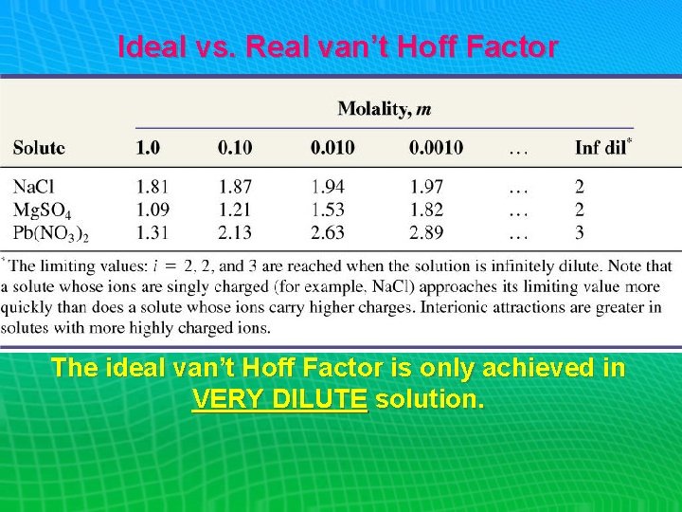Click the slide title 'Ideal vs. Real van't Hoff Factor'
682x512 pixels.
337,47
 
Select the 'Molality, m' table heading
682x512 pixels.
385,109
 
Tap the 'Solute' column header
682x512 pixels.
39,148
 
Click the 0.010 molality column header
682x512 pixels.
332,148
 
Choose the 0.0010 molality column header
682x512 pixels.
437,148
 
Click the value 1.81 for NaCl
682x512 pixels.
153,188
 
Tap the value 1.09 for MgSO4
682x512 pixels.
153,210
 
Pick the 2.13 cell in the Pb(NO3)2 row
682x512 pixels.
236,232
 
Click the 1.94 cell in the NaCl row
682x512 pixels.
327,188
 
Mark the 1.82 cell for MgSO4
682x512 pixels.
427,210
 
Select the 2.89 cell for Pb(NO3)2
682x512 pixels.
427,232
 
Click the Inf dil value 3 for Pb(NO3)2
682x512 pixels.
580,232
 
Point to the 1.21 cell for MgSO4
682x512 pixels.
236,210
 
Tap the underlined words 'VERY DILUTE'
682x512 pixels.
278,399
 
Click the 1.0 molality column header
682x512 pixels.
148,148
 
